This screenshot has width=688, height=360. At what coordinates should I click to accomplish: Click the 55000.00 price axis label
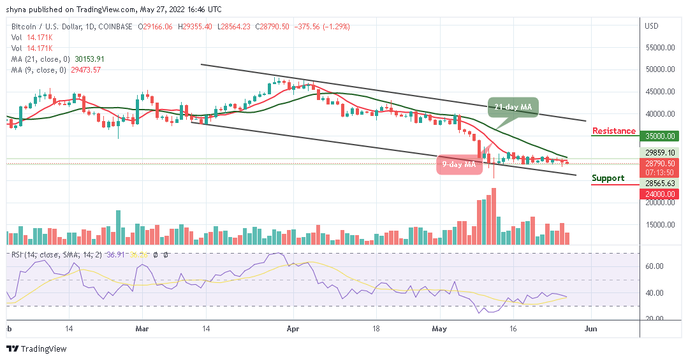click(661, 48)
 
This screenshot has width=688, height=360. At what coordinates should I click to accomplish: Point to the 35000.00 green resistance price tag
click(661, 136)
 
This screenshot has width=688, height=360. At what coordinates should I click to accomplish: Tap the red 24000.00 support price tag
click(661, 194)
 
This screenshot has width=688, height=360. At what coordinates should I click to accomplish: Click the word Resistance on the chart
click(613, 131)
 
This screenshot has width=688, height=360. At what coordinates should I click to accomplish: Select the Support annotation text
click(608, 178)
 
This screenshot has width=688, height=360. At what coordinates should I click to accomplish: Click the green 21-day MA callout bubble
click(513, 108)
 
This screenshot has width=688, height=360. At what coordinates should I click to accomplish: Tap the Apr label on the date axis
click(293, 330)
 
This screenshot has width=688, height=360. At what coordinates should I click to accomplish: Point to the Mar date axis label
click(142, 330)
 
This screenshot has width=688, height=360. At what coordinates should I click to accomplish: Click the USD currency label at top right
click(652, 26)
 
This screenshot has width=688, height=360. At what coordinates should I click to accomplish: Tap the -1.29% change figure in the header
click(336, 26)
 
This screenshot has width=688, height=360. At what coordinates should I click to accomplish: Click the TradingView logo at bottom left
click(36, 349)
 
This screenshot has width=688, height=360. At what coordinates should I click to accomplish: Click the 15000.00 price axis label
click(661, 225)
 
